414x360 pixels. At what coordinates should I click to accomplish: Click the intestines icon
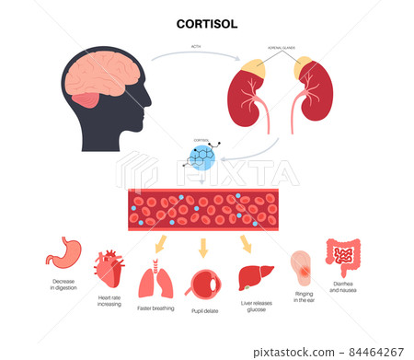pyautogui.click(x=342, y=257)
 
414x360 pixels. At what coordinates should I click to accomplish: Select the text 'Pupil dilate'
pyautogui.click(x=205, y=310)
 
